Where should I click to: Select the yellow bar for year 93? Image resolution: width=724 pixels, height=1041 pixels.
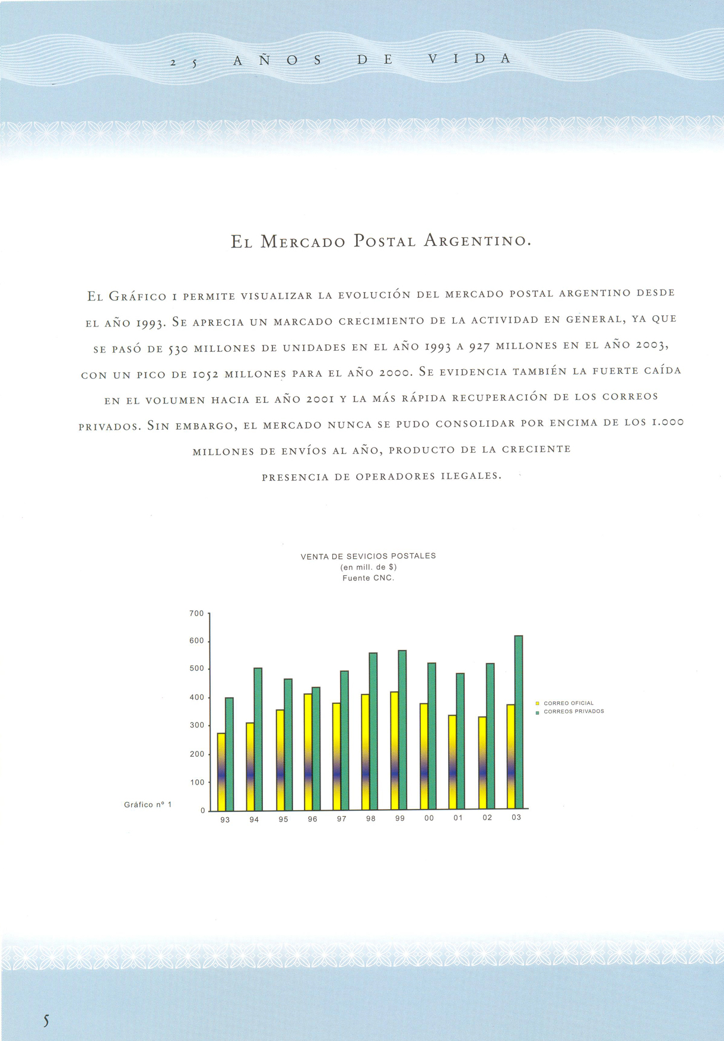(221, 772)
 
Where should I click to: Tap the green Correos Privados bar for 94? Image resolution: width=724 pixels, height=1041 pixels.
(258, 739)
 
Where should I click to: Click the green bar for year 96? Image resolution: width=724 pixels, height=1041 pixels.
(316, 748)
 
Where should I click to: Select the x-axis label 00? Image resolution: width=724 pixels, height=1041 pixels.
(429, 818)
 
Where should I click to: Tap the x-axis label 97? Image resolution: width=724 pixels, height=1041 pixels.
(342, 819)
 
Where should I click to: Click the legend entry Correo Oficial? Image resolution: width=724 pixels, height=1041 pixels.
(569, 703)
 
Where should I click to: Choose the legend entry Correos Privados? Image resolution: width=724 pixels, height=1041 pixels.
(574, 711)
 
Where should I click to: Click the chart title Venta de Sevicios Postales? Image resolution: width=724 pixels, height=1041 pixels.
(368, 556)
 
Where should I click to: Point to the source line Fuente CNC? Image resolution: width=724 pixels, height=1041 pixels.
(368, 577)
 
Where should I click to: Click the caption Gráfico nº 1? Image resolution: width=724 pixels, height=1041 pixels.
(148, 805)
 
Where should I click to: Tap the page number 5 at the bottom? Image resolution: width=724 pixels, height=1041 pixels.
(46, 1021)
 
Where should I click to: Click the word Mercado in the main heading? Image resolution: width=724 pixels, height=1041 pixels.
(303, 242)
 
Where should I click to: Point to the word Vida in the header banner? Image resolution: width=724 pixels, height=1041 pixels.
(469, 59)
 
